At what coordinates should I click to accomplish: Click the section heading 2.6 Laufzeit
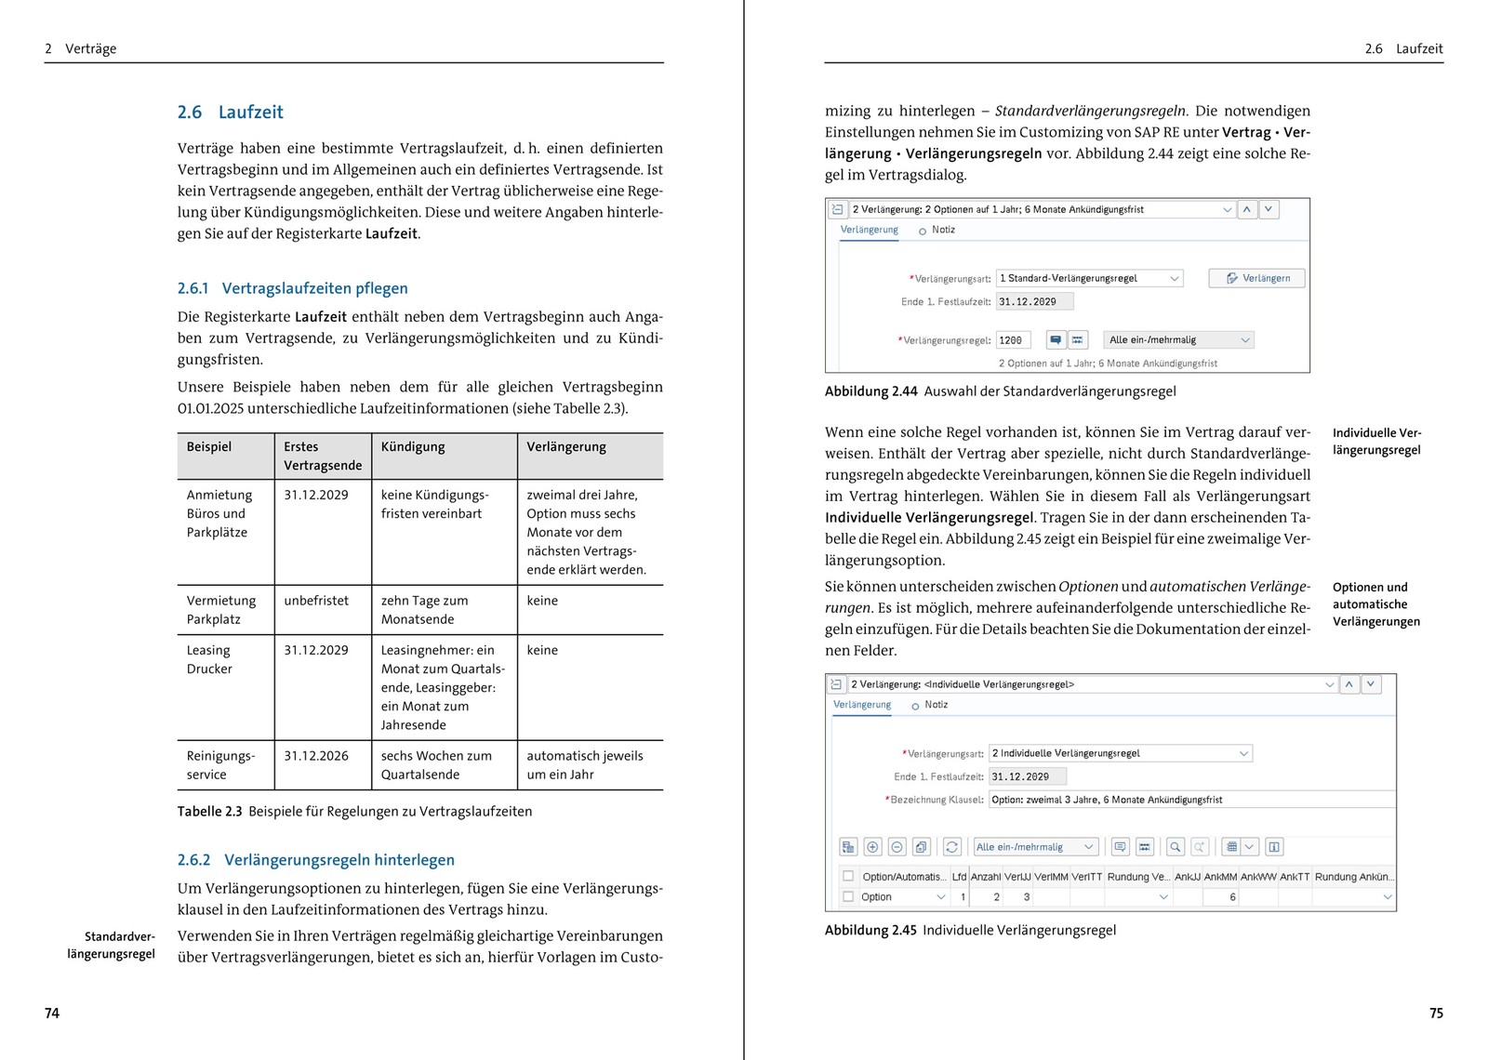click(x=230, y=113)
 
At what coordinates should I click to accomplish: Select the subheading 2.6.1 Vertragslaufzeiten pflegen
click(x=292, y=288)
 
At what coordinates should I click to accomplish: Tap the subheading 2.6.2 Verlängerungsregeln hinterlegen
click(x=315, y=860)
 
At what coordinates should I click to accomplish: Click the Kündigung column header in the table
click(x=413, y=447)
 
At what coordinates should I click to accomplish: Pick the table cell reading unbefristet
click(x=316, y=601)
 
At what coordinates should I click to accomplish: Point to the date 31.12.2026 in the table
click(x=316, y=756)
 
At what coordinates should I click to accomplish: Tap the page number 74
click(x=52, y=1014)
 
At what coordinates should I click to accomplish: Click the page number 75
click(x=1436, y=1014)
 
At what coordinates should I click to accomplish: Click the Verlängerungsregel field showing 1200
click(x=1013, y=340)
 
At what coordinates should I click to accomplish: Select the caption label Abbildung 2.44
click(x=870, y=391)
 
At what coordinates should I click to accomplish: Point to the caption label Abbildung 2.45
click(x=870, y=930)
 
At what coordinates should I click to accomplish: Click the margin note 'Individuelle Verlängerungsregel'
click(x=1376, y=442)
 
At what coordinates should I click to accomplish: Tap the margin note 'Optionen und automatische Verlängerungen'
click(x=1375, y=604)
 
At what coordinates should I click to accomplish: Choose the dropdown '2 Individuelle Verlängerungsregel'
click(x=1120, y=753)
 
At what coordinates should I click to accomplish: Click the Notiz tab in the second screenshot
click(x=936, y=705)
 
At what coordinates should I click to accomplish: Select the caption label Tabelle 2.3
click(x=209, y=812)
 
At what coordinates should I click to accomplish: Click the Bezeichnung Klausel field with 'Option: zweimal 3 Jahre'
click(x=1190, y=800)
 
